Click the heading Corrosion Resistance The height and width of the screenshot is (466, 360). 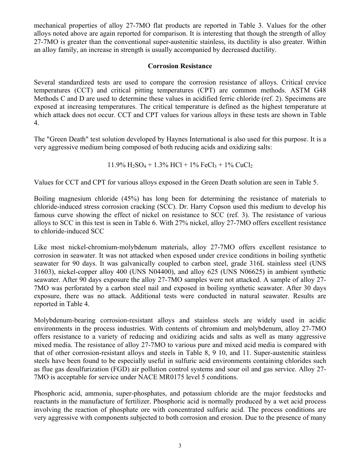click(180, 66)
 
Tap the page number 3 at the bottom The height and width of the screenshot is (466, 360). click(180, 446)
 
